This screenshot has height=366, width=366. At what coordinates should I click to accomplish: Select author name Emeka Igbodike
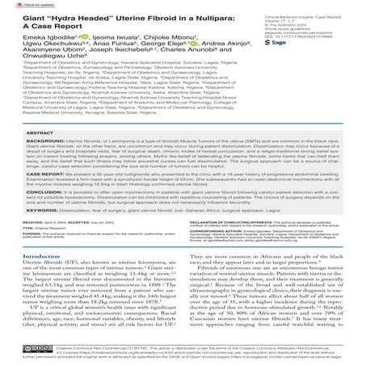30,37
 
